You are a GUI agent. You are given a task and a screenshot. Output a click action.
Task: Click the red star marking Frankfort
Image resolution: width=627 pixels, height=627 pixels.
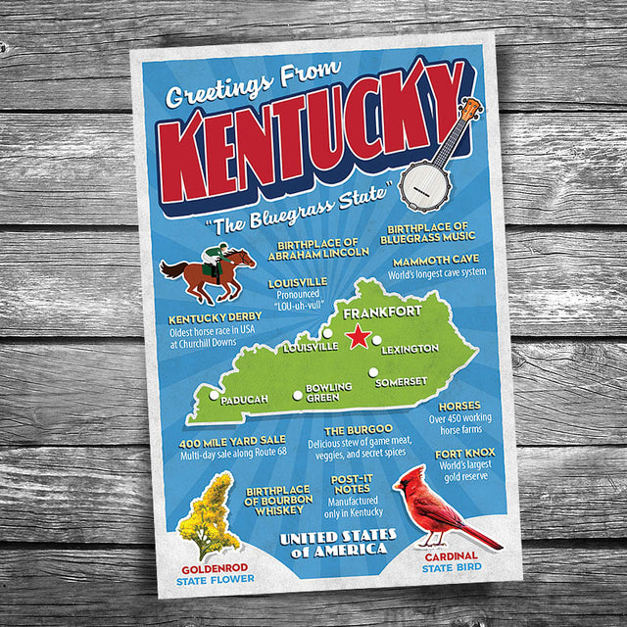[x=358, y=338]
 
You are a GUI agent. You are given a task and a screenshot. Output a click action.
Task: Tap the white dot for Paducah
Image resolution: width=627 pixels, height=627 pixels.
[x=215, y=395]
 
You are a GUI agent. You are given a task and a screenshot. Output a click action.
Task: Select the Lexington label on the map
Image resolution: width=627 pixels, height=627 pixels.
[x=410, y=349]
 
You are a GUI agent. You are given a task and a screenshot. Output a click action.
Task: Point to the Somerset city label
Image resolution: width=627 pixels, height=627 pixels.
[x=402, y=381]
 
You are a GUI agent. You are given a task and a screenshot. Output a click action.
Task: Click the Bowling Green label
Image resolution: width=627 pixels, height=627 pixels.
[x=328, y=392]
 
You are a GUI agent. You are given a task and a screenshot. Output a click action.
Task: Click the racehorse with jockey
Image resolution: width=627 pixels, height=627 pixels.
[x=211, y=271]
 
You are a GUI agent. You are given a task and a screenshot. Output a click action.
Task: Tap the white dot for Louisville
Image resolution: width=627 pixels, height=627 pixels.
[x=327, y=333]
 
